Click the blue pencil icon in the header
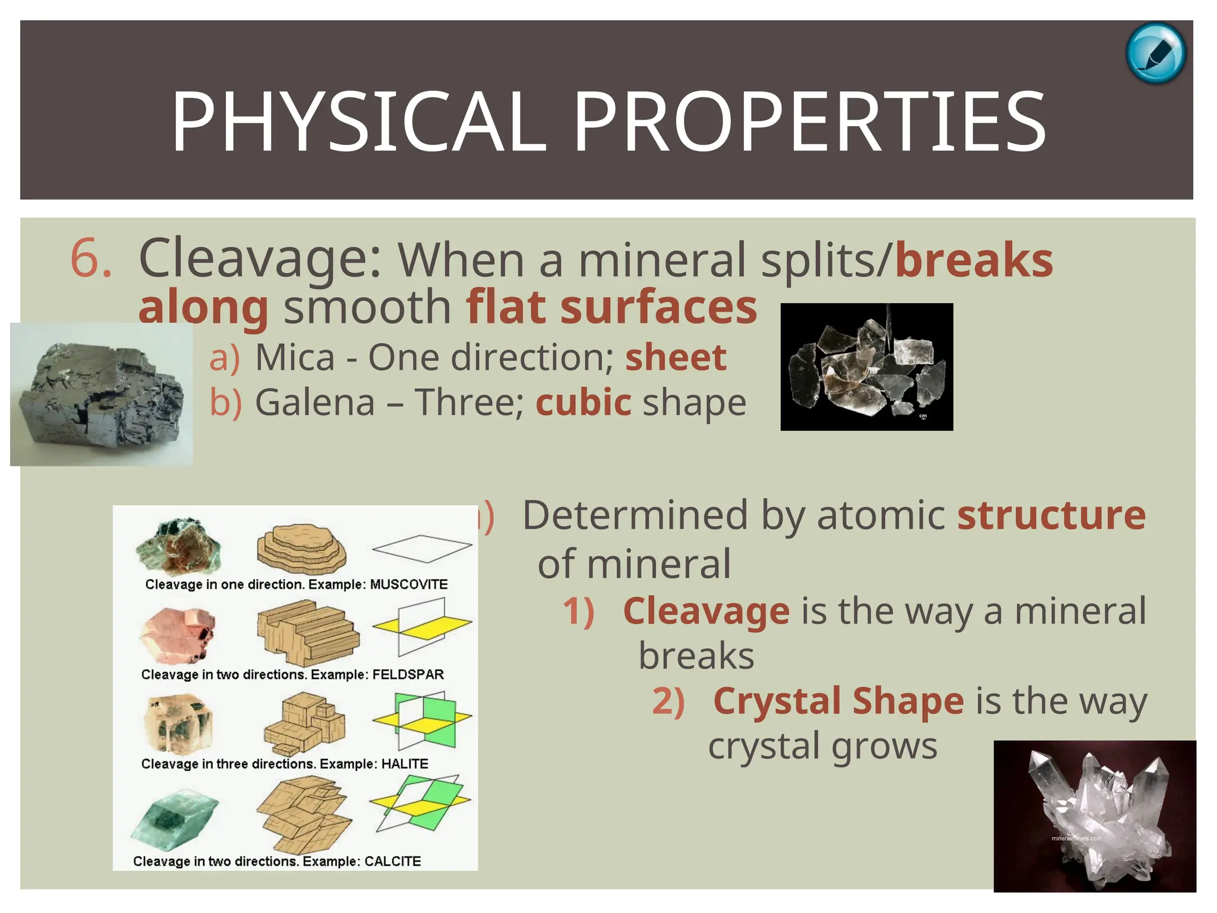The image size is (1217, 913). point(1155,53)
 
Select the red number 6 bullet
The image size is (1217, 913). point(90,258)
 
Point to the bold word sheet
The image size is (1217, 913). point(676,357)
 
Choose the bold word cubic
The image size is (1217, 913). point(583,402)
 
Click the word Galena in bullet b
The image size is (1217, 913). point(315,402)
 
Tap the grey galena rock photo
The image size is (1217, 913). point(101,395)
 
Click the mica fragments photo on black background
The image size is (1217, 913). point(866,367)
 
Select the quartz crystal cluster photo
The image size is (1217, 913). point(1095,816)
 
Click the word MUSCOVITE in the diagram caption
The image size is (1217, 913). point(409,584)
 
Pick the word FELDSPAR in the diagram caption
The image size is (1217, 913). point(408,675)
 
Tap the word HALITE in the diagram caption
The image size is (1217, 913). point(404,764)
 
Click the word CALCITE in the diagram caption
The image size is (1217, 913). point(392,861)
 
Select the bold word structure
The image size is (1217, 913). point(1051,515)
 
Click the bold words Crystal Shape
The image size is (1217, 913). point(838,701)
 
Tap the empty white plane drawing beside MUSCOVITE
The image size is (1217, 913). point(422,548)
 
